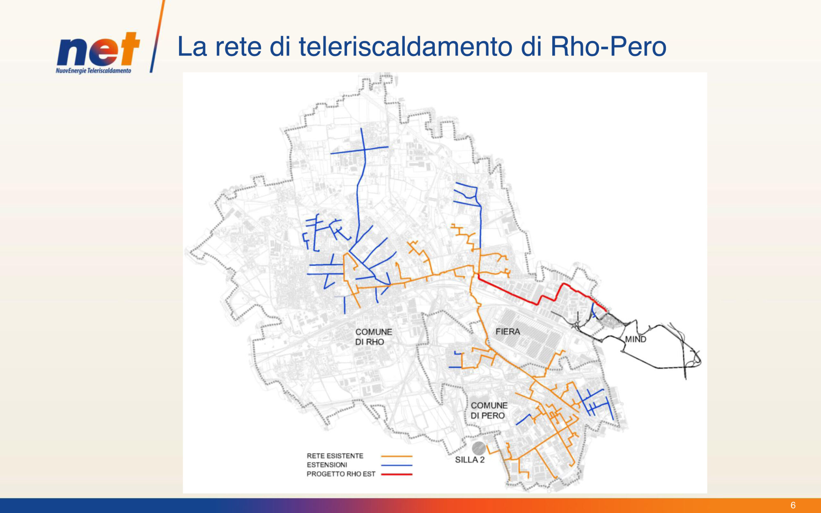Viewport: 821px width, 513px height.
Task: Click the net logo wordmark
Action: click(x=98, y=49)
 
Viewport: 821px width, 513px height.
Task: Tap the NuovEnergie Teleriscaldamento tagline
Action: click(x=94, y=71)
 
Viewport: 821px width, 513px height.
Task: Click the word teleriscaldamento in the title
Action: click(x=405, y=46)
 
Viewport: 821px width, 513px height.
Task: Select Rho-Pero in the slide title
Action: click(x=608, y=46)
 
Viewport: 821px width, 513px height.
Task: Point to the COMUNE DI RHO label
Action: click(x=374, y=337)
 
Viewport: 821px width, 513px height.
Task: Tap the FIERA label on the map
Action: click(x=508, y=332)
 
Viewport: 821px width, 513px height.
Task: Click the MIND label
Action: click(x=635, y=339)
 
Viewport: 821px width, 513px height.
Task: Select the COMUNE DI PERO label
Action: click(x=489, y=410)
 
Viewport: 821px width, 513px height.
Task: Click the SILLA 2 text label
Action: click(x=470, y=460)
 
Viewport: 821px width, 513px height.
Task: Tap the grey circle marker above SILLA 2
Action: click(x=479, y=448)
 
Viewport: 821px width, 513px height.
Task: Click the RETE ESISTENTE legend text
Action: click(x=335, y=456)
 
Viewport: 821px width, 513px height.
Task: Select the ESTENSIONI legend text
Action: click(x=327, y=465)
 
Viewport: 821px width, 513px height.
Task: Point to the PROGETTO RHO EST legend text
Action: click(x=341, y=474)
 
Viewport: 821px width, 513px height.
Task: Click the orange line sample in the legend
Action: click(x=397, y=456)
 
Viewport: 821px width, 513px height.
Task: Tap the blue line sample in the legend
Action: click(x=397, y=465)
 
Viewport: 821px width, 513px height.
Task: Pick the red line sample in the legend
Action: click(x=397, y=474)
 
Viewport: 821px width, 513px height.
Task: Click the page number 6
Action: click(x=793, y=505)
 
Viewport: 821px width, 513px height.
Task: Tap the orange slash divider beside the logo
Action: click(x=157, y=36)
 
